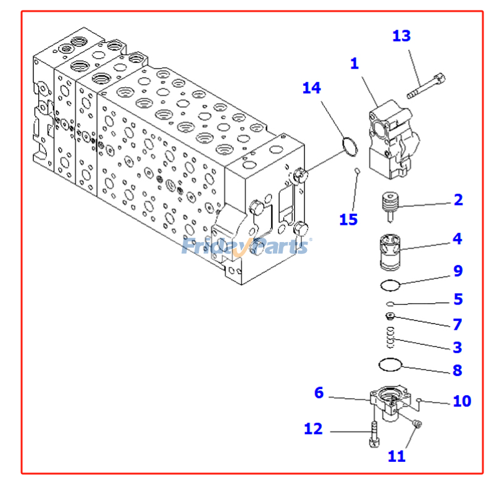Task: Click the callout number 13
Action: click(401, 36)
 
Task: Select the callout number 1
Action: click(354, 64)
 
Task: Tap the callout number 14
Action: click(312, 88)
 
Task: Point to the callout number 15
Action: click(348, 220)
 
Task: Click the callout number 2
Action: click(458, 199)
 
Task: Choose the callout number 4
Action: click(458, 239)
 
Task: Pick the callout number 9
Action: click(458, 270)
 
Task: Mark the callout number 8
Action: click(458, 370)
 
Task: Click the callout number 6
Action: click(319, 393)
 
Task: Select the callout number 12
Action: click(313, 429)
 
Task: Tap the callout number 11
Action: click(396, 456)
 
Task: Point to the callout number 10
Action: click(462, 401)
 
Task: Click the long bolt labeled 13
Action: click(426, 86)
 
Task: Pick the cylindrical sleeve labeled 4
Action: click(390, 252)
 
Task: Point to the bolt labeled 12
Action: click(374, 434)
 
